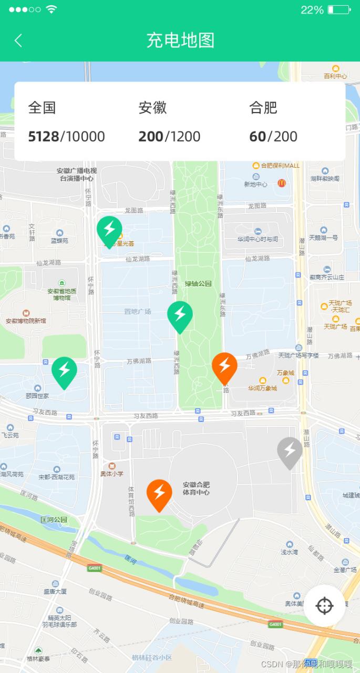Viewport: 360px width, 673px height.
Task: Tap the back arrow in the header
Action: click(x=18, y=40)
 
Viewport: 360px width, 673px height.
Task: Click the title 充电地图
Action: click(x=180, y=40)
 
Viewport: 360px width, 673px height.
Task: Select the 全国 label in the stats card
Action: click(x=42, y=108)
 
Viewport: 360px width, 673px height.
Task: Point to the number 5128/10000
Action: click(x=66, y=137)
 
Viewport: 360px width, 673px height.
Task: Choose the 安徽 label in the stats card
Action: click(x=152, y=108)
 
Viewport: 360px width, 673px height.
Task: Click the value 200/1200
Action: click(x=169, y=137)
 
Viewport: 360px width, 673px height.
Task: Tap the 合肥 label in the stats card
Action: click(x=263, y=108)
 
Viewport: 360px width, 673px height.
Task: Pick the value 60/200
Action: click(x=273, y=137)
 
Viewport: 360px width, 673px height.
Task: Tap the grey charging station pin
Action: click(x=290, y=451)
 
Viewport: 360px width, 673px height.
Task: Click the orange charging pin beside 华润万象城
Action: click(x=224, y=365)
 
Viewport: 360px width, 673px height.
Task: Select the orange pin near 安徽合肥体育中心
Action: click(x=159, y=493)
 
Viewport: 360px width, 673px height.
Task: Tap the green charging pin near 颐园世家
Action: click(x=64, y=371)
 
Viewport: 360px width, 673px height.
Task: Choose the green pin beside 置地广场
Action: click(x=180, y=314)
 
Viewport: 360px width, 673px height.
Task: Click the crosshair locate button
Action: click(x=324, y=606)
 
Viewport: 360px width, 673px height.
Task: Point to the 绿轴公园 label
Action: click(x=198, y=284)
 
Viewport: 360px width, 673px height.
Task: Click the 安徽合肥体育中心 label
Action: click(x=196, y=488)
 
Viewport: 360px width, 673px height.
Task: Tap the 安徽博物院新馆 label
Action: click(x=26, y=321)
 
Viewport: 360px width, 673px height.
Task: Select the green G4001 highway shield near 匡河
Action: click(x=95, y=568)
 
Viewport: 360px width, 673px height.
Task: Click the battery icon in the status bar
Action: click(x=338, y=9)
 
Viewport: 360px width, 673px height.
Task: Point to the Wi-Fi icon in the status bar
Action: click(x=51, y=9)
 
